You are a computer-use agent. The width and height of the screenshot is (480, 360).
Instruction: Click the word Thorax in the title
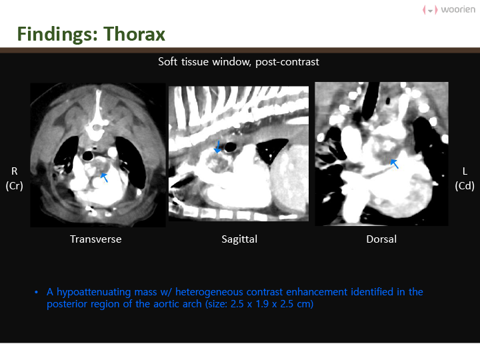(135, 34)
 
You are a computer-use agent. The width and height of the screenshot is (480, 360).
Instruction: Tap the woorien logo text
(458, 9)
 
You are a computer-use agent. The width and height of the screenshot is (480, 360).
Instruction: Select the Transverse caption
(96, 239)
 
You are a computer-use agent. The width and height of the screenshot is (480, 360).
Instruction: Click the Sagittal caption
(239, 239)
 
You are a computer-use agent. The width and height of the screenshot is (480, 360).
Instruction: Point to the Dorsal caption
(381, 239)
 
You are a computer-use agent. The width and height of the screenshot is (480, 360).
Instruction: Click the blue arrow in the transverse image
(104, 177)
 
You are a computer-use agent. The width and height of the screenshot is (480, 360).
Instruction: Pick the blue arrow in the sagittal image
(217, 147)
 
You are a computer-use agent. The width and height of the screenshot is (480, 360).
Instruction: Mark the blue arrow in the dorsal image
(395, 164)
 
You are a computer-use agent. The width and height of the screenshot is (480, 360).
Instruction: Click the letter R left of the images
(15, 171)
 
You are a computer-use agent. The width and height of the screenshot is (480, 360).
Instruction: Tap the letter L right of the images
(465, 171)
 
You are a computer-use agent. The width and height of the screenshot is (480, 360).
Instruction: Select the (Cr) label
(15, 186)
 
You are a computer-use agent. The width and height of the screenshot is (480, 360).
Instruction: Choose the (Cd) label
(465, 186)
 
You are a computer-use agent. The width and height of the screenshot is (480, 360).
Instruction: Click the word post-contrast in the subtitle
(287, 62)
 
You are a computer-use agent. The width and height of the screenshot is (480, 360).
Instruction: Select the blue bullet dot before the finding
(37, 293)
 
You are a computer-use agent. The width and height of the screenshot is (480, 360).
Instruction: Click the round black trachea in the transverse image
(88, 156)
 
